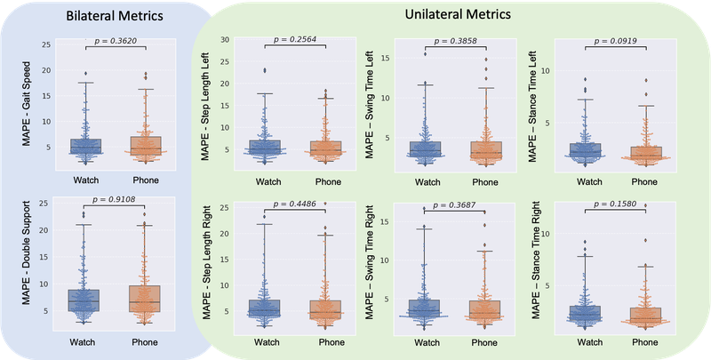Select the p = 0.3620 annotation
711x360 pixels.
[x=116, y=39]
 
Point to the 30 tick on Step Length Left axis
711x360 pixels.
[x=226, y=40]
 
